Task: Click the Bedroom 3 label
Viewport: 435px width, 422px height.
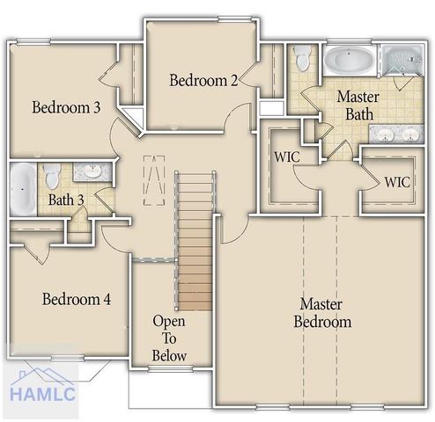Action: click(x=66, y=107)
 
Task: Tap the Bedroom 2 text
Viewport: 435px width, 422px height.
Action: click(x=203, y=81)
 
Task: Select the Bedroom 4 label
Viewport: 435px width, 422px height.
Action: click(x=77, y=299)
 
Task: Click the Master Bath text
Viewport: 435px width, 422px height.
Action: click(x=358, y=105)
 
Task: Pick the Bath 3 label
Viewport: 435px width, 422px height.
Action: click(x=66, y=200)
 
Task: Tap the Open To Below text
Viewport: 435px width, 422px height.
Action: click(x=168, y=338)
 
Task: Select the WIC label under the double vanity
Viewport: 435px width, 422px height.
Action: click(x=396, y=183)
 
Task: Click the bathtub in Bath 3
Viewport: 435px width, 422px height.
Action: click(x=22, y=187)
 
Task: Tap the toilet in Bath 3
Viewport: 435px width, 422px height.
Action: click(x=52, y=172)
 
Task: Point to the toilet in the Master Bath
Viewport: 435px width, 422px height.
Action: click(x=303, y=59)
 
